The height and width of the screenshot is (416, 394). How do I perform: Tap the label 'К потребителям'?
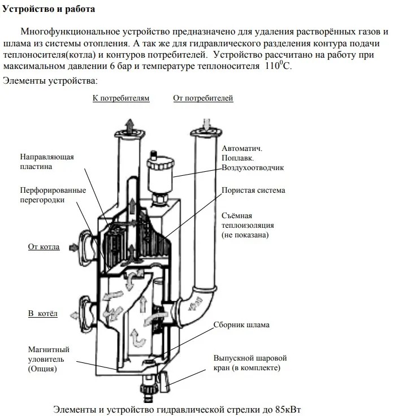click(x=121, y=98)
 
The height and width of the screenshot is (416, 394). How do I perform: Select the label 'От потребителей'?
click(x=203, y=98)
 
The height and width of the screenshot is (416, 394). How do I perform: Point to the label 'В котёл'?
click(x=43, y=313)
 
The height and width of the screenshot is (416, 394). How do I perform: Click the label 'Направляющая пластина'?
click(x=47, y=162)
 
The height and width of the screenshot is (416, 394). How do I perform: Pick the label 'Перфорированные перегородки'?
click(x=49, y=195)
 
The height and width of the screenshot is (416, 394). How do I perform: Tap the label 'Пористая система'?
click(x=253, y=190)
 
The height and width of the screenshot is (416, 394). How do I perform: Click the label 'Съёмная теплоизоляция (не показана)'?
click(x=245, y=225)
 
